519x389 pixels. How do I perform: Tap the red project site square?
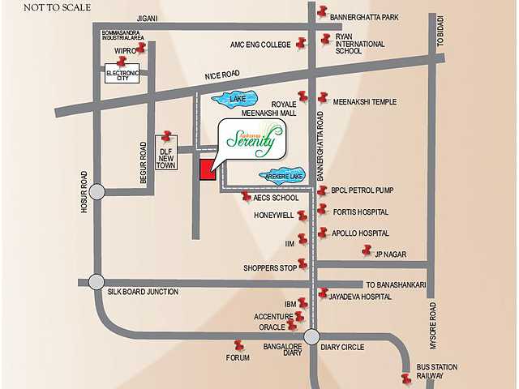(x=206, y=169)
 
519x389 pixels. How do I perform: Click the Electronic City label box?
(x=123, y=75)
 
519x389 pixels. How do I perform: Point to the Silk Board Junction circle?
(x=97, y=282)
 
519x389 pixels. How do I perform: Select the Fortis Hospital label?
(x=359, y=212)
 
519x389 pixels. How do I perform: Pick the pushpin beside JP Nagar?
(x=366, y=250)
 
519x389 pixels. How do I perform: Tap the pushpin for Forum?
(x=238, y=345)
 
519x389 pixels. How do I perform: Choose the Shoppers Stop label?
(x=270, y=267)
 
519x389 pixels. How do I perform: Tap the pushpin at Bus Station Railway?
(x=406, y=378)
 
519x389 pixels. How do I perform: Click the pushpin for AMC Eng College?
(x=302, y=43)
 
